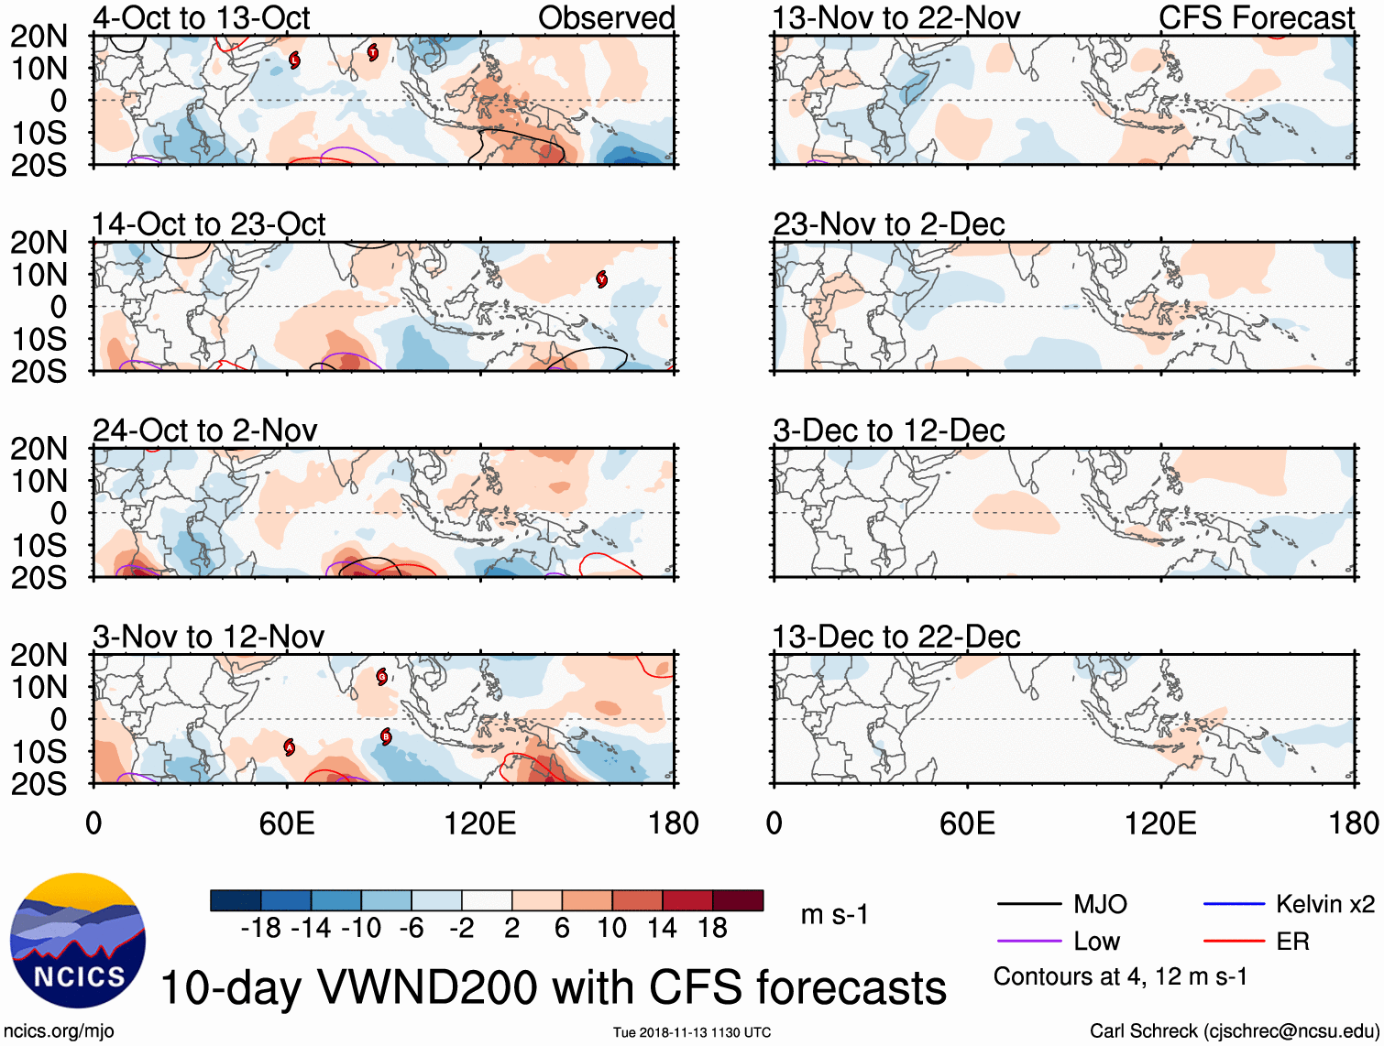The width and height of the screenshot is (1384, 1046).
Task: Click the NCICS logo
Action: pos(77,941)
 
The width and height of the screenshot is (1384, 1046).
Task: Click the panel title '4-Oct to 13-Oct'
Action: pos(201,17)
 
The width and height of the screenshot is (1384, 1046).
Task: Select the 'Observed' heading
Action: pos(606,17)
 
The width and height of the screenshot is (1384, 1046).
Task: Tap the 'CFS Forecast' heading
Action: pos(1256,17)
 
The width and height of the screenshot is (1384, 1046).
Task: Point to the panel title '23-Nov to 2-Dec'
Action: pos(888,224)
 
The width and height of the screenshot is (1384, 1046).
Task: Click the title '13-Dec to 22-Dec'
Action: pos(895,637)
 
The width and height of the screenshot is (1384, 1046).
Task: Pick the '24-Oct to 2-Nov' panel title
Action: pos(204,430)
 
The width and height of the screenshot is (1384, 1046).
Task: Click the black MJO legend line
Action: pos(1028,905)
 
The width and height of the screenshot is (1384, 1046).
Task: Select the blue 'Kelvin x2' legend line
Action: pos(1234,905)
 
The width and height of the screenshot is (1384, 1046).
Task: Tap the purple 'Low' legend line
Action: pos(1028,942)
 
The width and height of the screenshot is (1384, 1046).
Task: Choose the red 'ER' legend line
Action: pos(1234,942)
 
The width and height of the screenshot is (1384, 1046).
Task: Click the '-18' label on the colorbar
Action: pos(260,928)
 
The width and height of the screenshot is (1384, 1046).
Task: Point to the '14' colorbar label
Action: pos(663,928)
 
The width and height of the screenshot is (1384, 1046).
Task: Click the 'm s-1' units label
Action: pos(834,914)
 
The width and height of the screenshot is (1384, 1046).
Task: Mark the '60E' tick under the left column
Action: pos(287,823)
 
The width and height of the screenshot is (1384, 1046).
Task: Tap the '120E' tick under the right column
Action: pos(1160,823)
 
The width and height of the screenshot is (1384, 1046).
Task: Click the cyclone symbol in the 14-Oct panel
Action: pos(601,279)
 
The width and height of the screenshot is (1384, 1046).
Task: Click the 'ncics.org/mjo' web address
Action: pos(59,1030)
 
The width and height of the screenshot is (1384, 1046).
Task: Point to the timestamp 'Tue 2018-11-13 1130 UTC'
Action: pos(692,1032)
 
